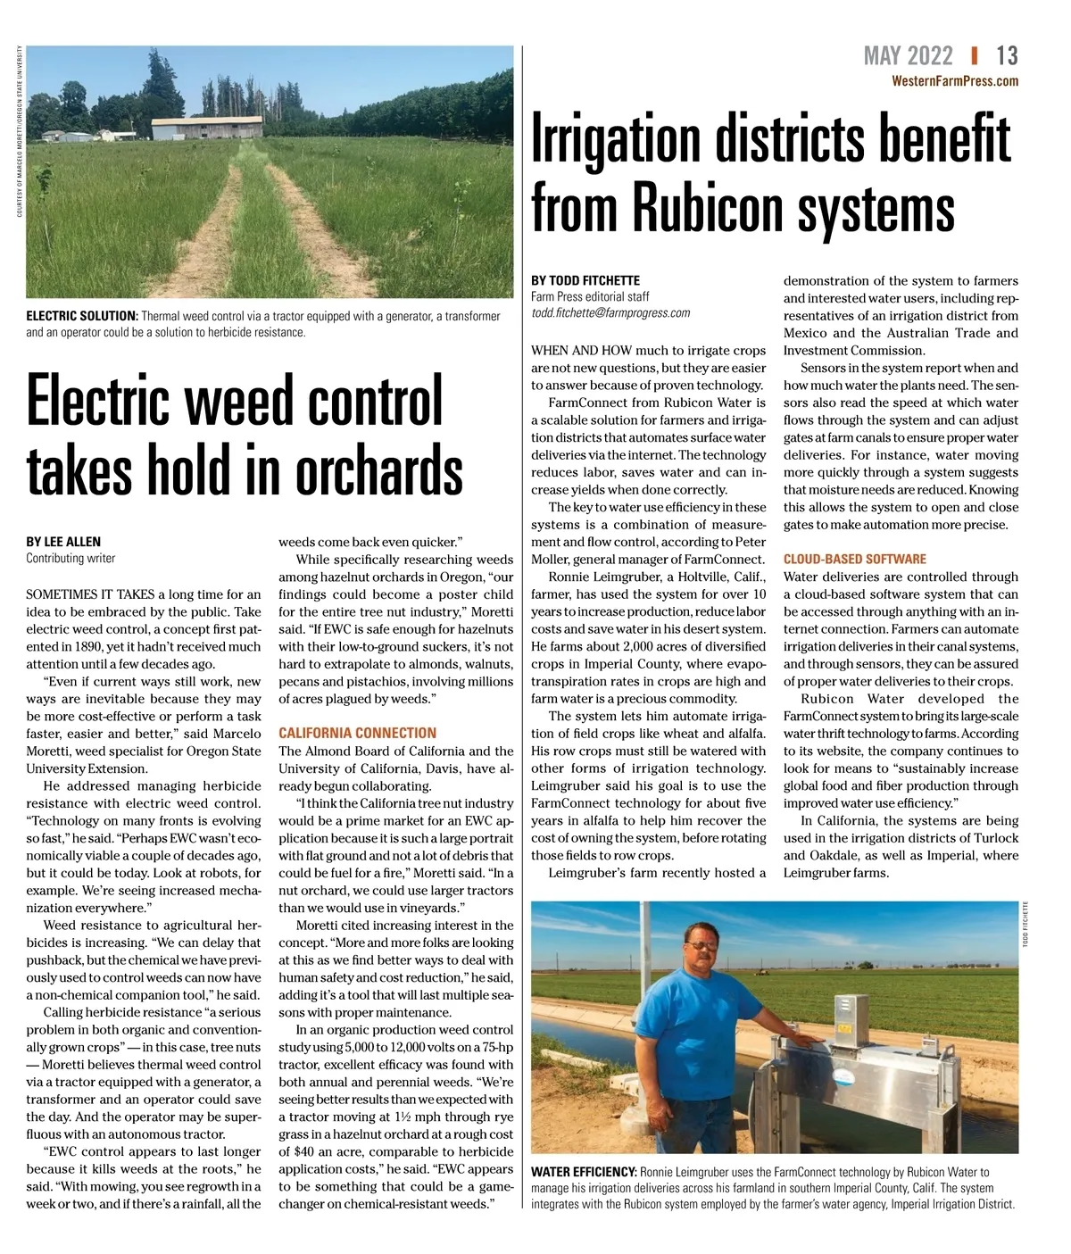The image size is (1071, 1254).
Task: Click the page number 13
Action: pos(1007,56)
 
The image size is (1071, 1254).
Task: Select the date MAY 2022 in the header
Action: pos(908,56)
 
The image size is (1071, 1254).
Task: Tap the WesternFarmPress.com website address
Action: pos(955,81)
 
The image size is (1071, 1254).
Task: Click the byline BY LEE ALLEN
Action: pos(63,542)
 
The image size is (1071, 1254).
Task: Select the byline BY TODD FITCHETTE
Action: pos(585,280)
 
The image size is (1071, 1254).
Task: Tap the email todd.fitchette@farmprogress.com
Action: pos(610,313)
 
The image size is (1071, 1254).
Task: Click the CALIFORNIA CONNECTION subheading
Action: pos(357,733)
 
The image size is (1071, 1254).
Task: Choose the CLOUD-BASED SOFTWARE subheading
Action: pos(855,560)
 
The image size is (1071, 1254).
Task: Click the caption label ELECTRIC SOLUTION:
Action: pos(81,316)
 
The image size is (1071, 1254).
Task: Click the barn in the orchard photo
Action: pos(207,128)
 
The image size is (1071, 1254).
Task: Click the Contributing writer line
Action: pos(71,559)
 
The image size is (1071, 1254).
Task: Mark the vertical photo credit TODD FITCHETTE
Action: pos(1027,925)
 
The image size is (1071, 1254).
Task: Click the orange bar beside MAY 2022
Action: pos(975,56)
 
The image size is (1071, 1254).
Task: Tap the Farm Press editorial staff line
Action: pos(590,296)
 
